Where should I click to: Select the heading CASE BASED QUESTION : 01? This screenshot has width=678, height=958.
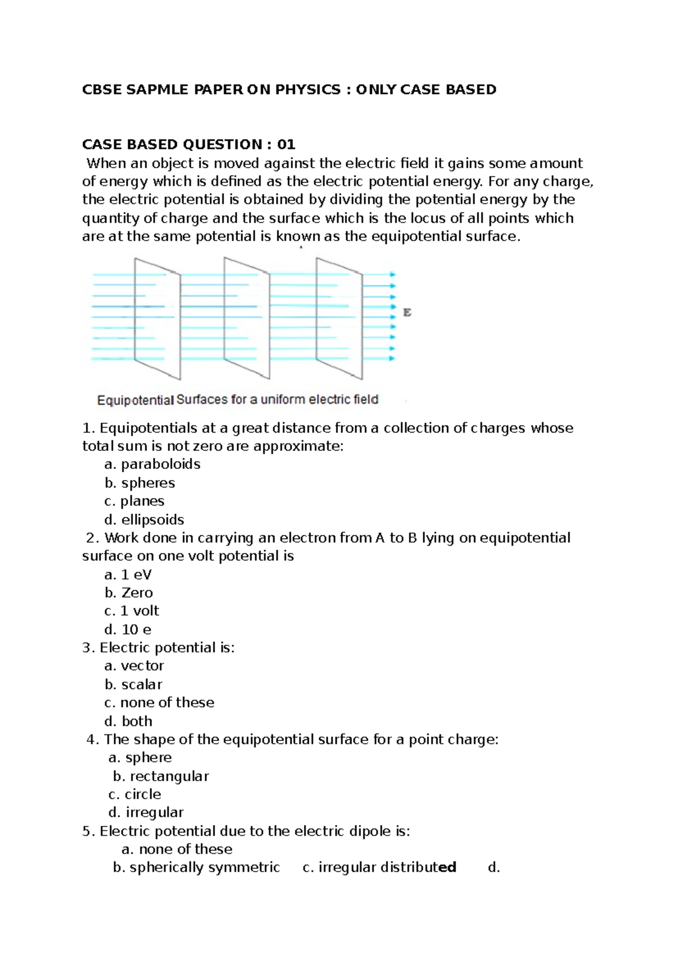[x=189, y=145]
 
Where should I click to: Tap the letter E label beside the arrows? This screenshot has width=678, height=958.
[x=407, y=312]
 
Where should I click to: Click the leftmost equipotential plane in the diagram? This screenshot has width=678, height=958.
[x=157, y=318]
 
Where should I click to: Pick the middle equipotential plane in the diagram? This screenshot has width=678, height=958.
[x=247, y=318]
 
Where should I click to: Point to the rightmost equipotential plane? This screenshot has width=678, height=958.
[x=339, y=318]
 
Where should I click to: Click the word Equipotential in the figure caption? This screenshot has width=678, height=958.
[x=135, y=400]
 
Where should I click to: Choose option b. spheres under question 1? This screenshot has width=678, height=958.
[x=140, y=483]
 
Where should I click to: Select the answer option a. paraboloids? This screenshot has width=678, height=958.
[x=153, y=464]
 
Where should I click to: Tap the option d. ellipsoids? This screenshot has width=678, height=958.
[x=145, y=520]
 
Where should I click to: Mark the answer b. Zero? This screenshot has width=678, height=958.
[x=129, y=593]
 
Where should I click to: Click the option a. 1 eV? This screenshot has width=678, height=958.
[x=128, y=574]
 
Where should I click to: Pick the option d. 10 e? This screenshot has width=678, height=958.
[x=128, y=629]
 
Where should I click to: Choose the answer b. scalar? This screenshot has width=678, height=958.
[x=133, y=685]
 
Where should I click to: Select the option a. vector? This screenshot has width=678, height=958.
[x=134, y=666]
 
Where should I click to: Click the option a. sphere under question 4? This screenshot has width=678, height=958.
[x=140, y=757]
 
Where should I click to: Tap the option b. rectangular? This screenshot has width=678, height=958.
[x=161, y=776]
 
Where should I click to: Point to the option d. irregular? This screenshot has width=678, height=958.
[x=146, y=812]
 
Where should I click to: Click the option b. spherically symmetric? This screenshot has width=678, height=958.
[x=196, y=868]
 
